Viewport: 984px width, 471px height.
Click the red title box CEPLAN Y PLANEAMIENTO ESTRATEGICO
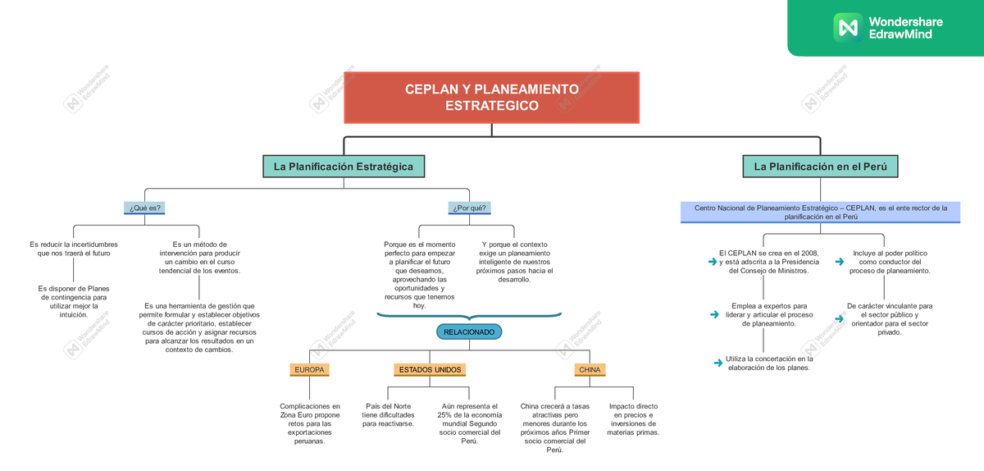[491, 98]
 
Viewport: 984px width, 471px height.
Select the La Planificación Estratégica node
[344, 167]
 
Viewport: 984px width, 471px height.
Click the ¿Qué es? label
[143, 208]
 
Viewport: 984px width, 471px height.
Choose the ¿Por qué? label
[469, 208]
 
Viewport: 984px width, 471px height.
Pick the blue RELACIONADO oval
[469, 332]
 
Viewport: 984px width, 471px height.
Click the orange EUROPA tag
[309, 370]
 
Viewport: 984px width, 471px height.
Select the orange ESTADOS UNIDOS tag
[430, 370]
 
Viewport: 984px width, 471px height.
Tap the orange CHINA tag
[590, 370]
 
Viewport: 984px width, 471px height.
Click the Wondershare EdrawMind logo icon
[846, 27]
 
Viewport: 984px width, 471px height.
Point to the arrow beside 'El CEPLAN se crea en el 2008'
[712, 262]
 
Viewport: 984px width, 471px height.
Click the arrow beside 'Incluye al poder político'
[839, 262]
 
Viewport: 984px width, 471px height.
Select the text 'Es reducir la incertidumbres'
[74, 249]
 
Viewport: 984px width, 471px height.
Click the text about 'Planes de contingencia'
[74, 300]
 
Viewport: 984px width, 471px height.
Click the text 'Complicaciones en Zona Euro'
[309, 423]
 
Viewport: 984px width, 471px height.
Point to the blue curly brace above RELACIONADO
[469, 315]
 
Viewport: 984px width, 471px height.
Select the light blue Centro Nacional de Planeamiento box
[820, 213]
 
